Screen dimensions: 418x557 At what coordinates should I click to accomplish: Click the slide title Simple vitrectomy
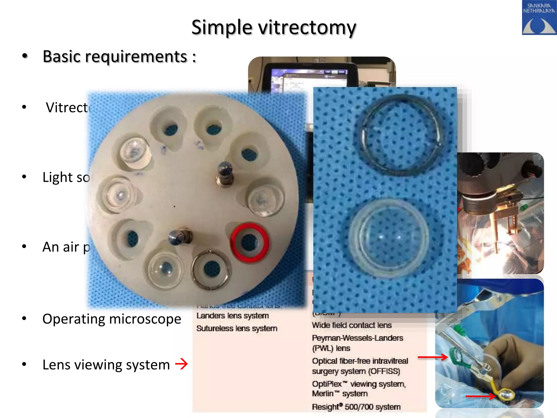pyautogui.click(x=274, y=27)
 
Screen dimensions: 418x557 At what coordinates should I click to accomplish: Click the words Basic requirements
pyautogui.click(x=115, y=57)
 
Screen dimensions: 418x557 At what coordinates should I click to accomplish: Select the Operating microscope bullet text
pyautogui.click(x=112, y=319)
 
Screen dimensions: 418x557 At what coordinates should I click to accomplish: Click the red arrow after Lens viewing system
pyautogui.click(x=181, y=364)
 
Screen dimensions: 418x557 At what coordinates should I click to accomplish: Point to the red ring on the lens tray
pyautogui.click(x=250, y=242)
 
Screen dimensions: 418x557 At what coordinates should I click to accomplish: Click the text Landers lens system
pyautogui.click(x=233, y=316)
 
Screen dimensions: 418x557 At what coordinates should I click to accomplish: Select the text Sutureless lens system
pyautogui.click(x=237, y=328)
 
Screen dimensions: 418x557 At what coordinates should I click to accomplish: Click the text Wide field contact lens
pyautogui.click(x=352, y=325)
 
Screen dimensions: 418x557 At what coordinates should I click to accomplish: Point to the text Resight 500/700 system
pyautogui.click(x=356, y=407)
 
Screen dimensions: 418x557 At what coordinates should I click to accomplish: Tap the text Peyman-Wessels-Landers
pyautogui.click(x=357, y=338)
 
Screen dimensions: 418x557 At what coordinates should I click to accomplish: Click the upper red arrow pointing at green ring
pyautogui.click(x=432, y=357)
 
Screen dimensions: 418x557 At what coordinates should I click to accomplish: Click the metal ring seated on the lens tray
pyautogui.click(x=211, y=270)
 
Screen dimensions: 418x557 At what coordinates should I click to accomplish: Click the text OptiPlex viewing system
pyautogui.click(x=359, y=384)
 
